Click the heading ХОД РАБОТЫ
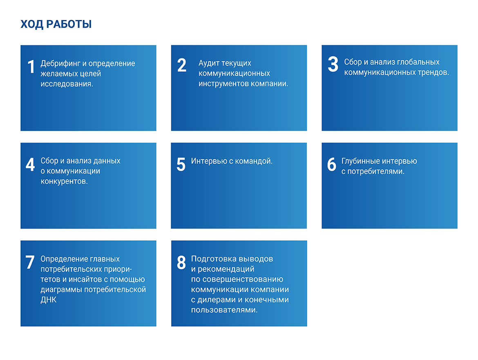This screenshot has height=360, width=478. [56, 24]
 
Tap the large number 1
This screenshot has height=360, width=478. [31, 67]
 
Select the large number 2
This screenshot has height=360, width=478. [182, 65]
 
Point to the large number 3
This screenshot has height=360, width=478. [333, 64]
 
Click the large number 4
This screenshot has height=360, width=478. [30, 164]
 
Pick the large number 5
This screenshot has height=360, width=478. [181, 164]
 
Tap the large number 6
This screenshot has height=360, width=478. [332, 164]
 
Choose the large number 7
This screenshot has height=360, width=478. [30, 262]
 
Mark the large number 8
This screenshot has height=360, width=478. [181, 262]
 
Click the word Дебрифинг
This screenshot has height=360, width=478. [60, 63]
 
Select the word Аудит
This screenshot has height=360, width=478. [209, 63]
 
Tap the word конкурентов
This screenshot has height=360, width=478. [64, 182]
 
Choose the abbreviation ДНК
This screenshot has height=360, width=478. [49, 300]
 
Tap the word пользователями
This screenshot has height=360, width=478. [224, 310]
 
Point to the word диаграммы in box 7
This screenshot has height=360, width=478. [61, 290]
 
